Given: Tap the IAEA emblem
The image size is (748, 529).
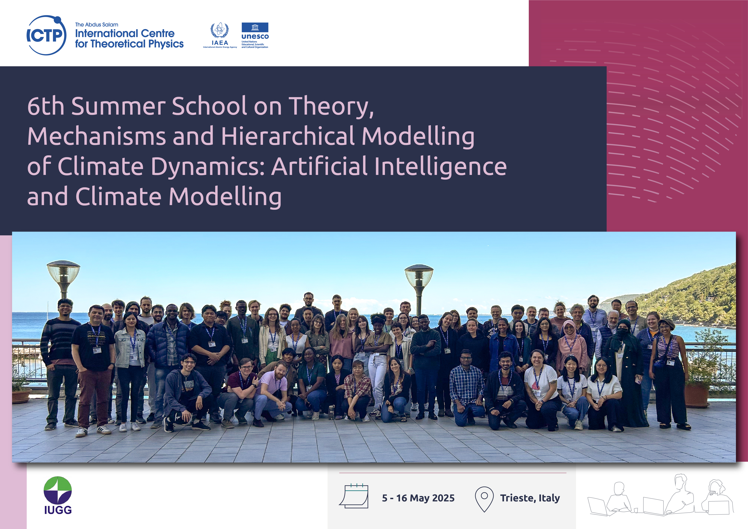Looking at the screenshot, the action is pos(220,35).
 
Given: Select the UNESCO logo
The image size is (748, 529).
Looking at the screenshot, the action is pos(255,35).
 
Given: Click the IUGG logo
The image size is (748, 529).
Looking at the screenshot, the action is pos(58,495).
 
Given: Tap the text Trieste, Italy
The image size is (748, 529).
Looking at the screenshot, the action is pos(530,498).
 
